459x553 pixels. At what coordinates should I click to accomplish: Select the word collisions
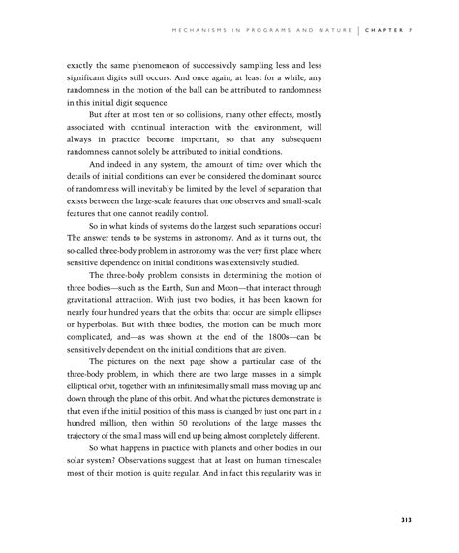pos(216,124)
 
